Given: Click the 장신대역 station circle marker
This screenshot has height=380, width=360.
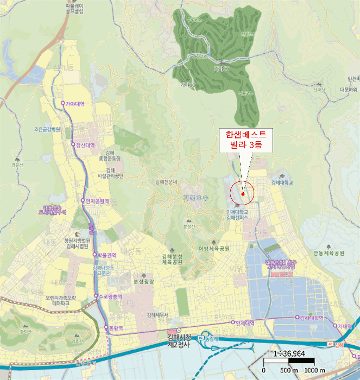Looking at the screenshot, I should tap(72, 144).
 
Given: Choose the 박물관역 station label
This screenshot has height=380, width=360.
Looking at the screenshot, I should tap(107, 255).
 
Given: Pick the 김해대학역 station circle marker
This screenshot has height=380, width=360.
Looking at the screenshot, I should tap(297, 318).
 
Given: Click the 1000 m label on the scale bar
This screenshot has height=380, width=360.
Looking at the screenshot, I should tap(314, 370).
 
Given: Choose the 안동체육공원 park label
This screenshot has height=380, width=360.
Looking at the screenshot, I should tap(329, 253).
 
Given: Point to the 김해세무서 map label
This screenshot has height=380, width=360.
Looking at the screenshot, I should tap(158, 315).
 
